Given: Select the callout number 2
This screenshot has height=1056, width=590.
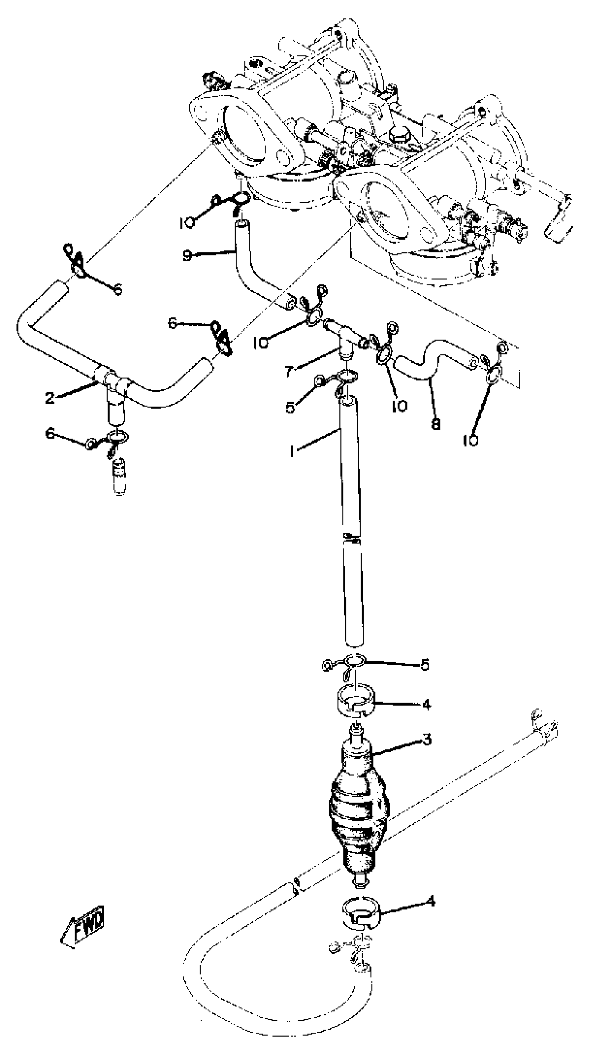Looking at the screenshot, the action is point(50,397).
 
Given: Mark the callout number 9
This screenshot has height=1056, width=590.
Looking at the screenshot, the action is point(187,256).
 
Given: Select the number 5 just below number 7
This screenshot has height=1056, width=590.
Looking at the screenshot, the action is point(290,408).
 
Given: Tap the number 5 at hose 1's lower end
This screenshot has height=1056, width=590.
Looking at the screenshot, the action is point(424,664).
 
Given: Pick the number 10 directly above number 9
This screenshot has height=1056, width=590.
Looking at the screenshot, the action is point(186,224).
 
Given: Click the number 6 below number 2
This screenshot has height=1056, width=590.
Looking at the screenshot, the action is point(50,433).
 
